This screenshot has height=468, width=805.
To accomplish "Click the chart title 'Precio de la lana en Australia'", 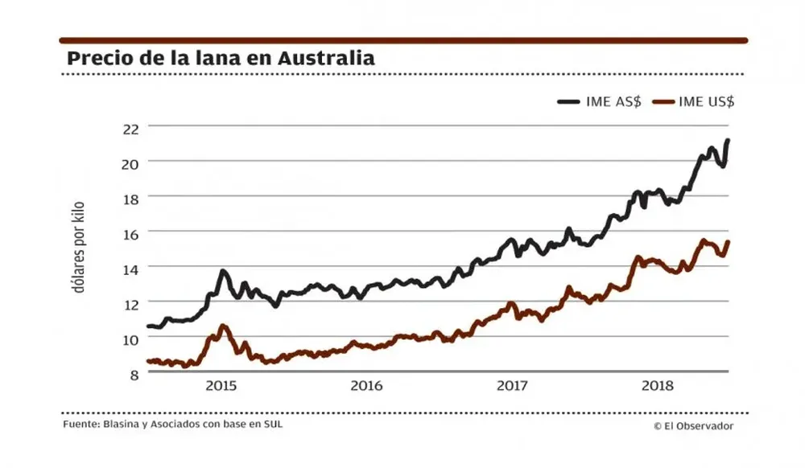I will pyautogui.click(x=221, y=59).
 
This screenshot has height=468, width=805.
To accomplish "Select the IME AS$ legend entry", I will pyautogui.click(x=600, y=102).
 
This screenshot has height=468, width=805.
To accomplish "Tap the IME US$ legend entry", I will pyautogui.click(x=693, y=102).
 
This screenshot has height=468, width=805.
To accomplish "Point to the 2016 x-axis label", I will pyautogui.click(x=366, y=386).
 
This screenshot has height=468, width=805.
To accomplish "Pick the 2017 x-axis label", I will pyautogui.click(x=512, y=386).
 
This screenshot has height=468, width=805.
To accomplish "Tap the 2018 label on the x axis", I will pyautogui.click(x=658, y=386).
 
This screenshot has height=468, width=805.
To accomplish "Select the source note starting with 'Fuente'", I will pyautogui.click(x=172, y=423).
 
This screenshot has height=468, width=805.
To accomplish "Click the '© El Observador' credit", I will pyautogui.click(x=693, y=426).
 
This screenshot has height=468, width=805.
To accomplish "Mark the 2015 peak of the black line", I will pyautogui.click(x=223, y=271).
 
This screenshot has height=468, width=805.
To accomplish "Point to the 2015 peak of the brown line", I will pyautogui.click(x=223, y=326).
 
